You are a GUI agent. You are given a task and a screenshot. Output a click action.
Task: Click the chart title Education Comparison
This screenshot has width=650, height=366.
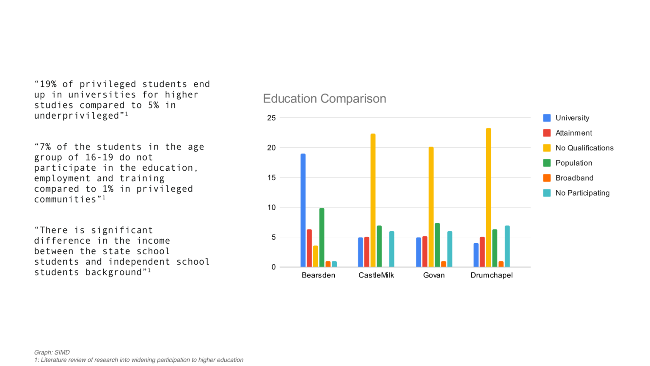324,99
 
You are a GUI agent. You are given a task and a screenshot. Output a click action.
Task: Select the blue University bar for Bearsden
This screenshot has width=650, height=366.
303,210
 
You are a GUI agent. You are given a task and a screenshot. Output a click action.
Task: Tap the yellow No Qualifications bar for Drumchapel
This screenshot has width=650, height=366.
488,197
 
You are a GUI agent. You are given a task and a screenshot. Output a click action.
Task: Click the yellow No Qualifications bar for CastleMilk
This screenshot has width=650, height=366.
373,200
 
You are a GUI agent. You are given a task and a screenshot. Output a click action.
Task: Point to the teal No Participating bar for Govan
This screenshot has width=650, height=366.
449,249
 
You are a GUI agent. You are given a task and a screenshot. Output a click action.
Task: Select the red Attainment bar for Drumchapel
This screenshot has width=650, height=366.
482,252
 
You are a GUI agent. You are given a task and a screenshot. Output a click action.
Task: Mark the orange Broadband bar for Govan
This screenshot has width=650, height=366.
443,264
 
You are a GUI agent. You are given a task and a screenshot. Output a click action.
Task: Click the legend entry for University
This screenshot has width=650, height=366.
572,118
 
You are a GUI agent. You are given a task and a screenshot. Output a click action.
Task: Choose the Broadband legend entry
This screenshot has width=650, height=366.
574,178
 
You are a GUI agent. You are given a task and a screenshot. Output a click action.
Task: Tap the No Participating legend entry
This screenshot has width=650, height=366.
582,193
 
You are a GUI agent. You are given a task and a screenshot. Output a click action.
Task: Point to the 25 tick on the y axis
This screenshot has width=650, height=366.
271,118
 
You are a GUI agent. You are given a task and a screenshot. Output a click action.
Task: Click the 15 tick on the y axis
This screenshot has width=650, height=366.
271,178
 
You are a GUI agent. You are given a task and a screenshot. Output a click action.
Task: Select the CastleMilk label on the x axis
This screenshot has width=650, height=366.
376,275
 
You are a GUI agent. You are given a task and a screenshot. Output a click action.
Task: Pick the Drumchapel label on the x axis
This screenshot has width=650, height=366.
491,275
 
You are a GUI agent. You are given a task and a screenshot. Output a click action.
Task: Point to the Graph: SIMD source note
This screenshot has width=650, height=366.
52,352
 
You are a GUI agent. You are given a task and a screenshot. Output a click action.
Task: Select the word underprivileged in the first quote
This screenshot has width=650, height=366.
77,116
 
